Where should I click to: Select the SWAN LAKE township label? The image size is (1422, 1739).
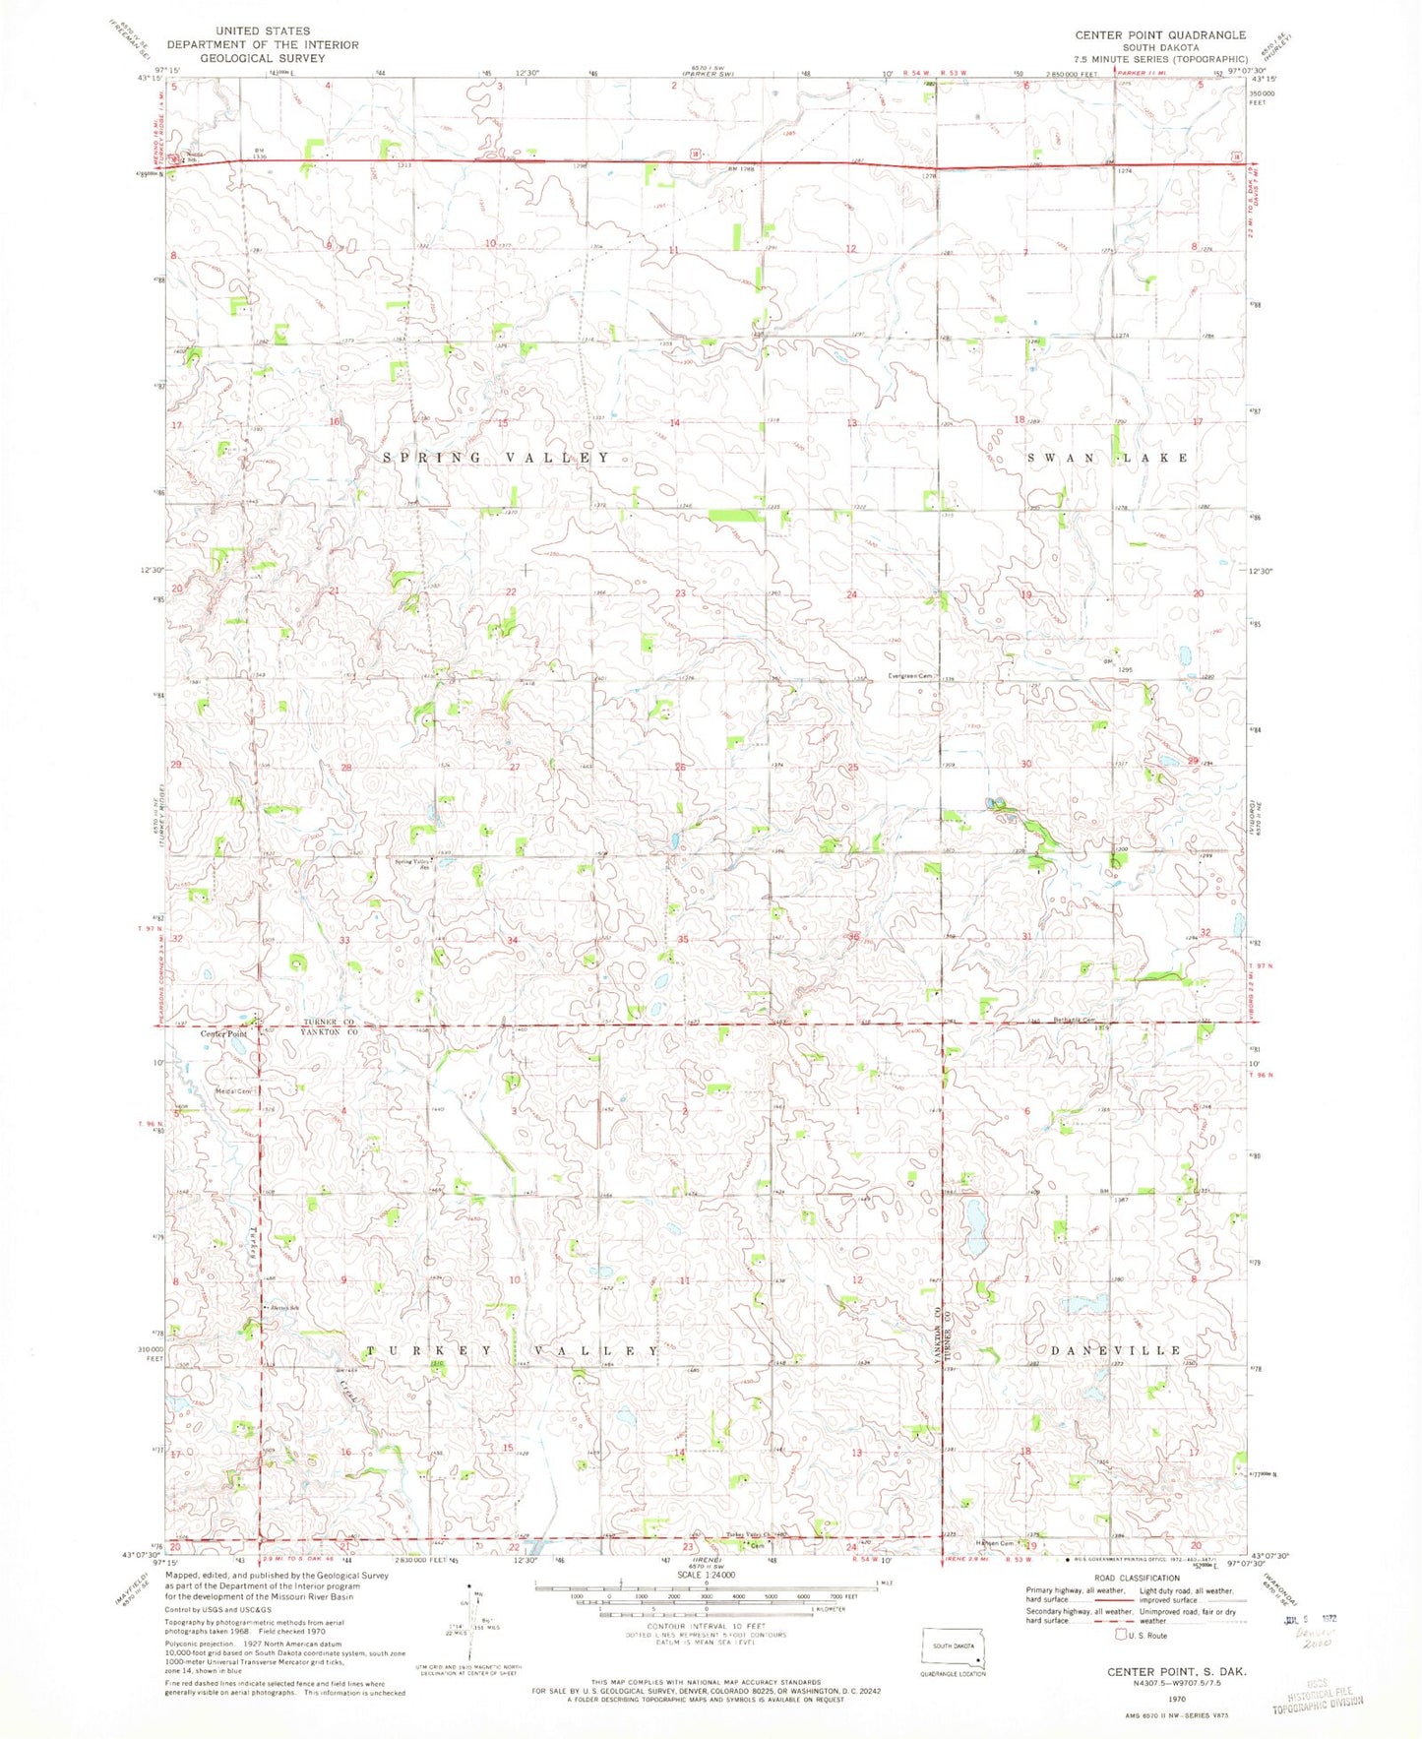coord(1108,458)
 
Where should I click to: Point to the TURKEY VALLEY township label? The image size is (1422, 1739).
coord(512,1351)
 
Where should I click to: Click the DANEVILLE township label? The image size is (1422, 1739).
coord(1116,1350)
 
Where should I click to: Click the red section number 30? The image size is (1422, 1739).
coord(1026,764)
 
